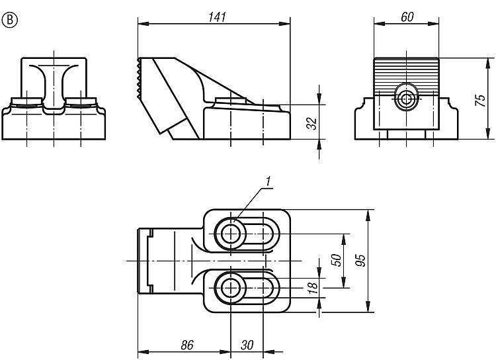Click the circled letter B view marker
10,19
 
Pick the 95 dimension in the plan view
360,260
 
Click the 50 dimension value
335,260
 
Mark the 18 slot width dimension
312,287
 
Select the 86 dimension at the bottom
187,345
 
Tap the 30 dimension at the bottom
247,345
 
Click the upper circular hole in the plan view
231,232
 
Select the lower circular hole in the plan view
231,287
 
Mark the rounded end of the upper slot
271,232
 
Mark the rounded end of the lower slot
271,287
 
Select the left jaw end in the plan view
144,261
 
